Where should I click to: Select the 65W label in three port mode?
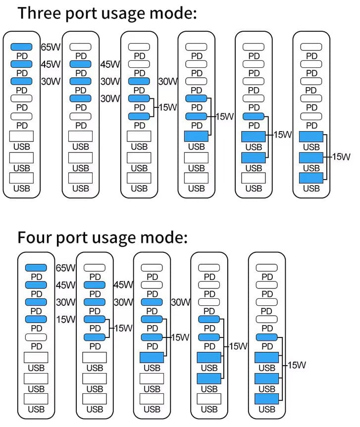coord(50,48)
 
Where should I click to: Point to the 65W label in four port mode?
coord(65,268)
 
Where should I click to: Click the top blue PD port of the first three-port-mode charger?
coord(21,47)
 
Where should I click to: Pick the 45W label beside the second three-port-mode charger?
coord(110,64)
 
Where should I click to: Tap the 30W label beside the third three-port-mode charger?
coord(168,82)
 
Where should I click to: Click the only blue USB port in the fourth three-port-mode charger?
coord(197,136)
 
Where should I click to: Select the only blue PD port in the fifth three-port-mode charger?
coord(254,116)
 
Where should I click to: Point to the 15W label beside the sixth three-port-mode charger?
coord(341,157)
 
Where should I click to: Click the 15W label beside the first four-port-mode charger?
coord(65,319)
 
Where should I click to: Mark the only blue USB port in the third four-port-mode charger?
coord(152,357)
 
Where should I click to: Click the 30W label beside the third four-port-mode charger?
coord(181,302)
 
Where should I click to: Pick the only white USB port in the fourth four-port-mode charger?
coord(209,399)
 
